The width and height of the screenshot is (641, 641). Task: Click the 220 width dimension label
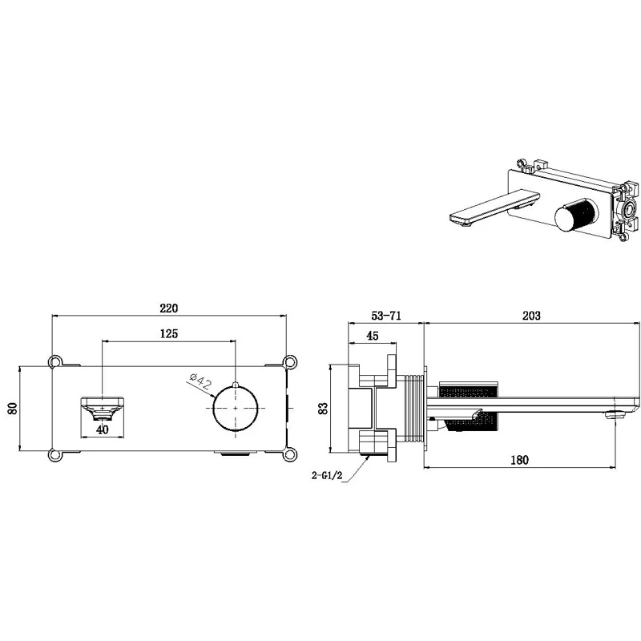click(169, 308)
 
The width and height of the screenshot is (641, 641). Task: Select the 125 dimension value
click(169, 333)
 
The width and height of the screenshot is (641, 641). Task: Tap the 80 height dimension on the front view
click(13, 409)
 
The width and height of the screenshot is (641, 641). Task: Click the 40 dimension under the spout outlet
click(103, 429)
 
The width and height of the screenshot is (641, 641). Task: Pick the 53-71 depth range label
click(386, 315)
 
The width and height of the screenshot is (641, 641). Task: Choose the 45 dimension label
click(373, 336)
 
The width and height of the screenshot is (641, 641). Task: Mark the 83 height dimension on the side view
click(323, 408)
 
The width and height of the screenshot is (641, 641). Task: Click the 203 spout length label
click(531, 315)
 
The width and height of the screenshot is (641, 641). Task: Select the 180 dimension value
click(519, 460)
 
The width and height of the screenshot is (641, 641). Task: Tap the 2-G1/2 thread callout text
click(327, 475)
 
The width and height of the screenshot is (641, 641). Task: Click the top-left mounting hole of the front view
click(54, 361)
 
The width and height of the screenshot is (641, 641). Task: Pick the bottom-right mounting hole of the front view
click(290, 455)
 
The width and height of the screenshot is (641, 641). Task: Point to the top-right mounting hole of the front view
click(290, 361)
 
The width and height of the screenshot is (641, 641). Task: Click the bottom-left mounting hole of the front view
click(54, 455)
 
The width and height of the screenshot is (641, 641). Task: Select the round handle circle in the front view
click(236, 408)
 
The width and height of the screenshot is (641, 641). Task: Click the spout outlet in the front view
click(103, 408)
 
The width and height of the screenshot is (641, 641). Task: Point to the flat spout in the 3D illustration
click(494, 209)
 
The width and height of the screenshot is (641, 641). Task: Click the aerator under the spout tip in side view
click(615, 415)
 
